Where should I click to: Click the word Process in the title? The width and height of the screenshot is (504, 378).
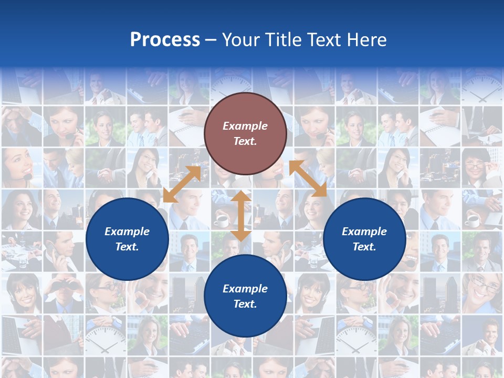point(165,40)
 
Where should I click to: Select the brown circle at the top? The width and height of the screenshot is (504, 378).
point(245,133)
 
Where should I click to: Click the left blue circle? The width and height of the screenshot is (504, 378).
point(127,239)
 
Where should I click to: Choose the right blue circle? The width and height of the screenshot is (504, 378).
point(364,239)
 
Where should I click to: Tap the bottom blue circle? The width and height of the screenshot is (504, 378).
point(245,296)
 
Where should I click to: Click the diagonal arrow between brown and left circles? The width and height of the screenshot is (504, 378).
point(182,184)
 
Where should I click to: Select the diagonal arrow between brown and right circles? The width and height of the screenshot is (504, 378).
point(308,178)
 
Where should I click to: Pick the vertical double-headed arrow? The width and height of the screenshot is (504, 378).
point(241,216)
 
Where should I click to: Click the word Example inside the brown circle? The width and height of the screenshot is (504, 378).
point(245,126)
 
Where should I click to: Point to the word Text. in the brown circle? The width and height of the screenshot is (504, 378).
point(245,141)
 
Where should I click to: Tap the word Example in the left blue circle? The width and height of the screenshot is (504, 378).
point(127,232)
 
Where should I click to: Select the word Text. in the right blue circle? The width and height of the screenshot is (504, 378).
point(364,247)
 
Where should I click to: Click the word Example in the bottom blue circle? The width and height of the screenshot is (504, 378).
point(245,289)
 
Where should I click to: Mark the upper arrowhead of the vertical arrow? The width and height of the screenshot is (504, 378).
point(241,196)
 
